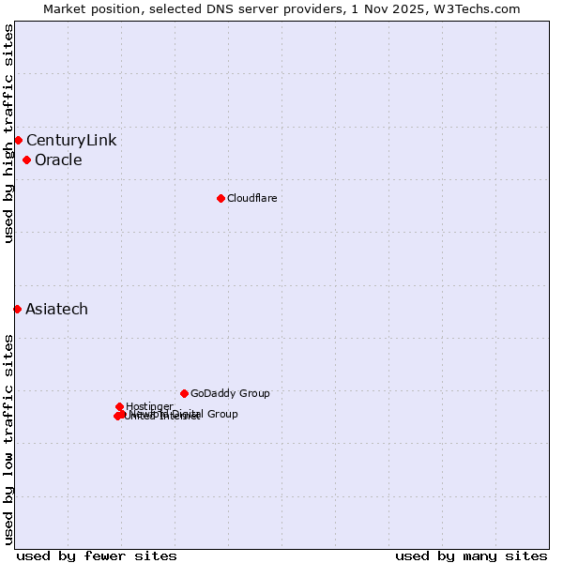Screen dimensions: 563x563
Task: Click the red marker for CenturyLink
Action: (x=18, y=141)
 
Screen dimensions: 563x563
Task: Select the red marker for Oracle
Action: (x=26, y=160)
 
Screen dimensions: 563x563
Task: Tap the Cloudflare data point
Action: (x=221, y=198)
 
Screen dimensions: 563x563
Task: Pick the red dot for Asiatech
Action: (x=17, y=309)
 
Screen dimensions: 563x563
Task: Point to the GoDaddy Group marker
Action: (x=184, y=393)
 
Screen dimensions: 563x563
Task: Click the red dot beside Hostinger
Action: (x=119, y=406)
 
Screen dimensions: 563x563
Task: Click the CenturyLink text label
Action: (x=71, y=141)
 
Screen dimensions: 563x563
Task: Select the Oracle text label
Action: (x=58, y=160)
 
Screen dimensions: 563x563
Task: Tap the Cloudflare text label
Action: (x=251, y=198)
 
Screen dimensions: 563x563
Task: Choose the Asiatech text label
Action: (x=56, y=310)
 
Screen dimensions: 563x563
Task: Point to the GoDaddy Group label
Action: (x=230, y=394)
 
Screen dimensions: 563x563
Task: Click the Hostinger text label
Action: (x=149, y=406)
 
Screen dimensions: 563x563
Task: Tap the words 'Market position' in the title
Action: (x=89, y=8)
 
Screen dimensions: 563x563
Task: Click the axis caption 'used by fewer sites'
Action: (x=97, y=556)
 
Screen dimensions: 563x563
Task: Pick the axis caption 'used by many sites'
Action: (x=471, y=556)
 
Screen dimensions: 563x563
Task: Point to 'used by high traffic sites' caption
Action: (x=8, y=133)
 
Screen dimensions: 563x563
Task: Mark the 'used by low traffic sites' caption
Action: (x=8, y=439)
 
